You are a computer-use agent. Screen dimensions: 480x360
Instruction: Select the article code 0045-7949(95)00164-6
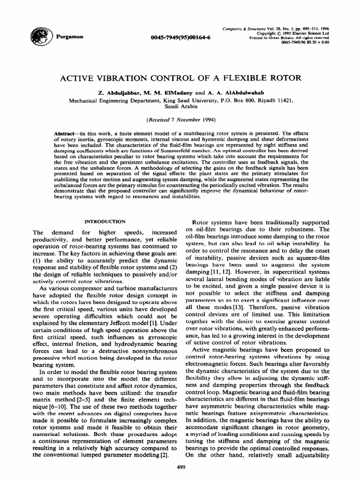181,37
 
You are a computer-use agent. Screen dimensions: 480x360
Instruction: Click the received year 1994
207,120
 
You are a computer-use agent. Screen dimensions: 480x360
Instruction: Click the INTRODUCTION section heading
104,221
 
